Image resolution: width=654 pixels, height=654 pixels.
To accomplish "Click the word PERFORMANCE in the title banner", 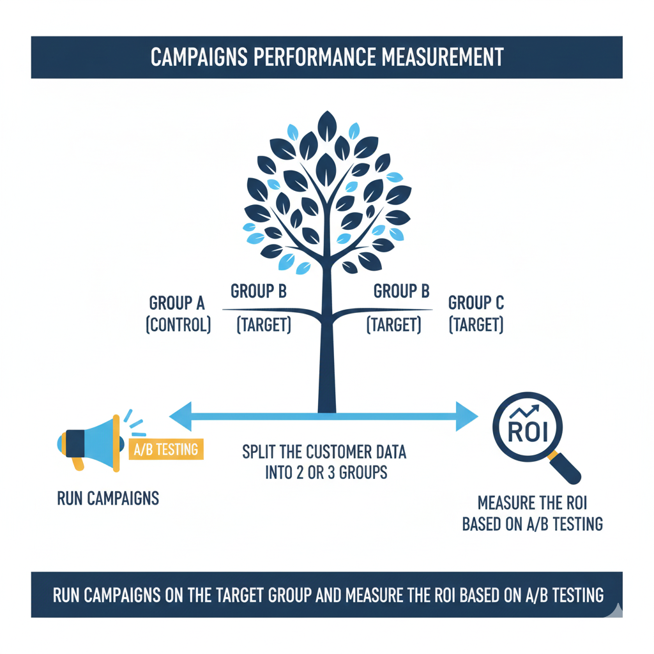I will click(313, 57).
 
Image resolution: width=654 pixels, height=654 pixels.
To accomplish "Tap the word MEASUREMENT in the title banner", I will click(442, 57).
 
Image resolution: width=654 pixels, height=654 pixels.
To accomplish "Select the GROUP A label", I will click(177, 302).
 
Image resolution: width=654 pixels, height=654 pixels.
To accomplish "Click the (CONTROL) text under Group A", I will click(178, 325).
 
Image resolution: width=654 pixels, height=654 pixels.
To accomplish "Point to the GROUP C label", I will click(476, 302).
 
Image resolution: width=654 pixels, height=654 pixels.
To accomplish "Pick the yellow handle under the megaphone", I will click(77, 463).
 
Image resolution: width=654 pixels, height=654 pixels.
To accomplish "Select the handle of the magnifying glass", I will click(565, 467).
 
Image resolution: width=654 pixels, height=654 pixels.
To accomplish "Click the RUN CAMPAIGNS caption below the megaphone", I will click(108, 498).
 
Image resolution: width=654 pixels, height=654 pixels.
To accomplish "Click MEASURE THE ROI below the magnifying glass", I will click(532, 502).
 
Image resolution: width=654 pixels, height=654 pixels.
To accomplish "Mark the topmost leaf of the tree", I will click(327, 122).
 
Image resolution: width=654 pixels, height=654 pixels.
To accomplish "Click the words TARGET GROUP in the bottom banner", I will click(274, 595).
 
